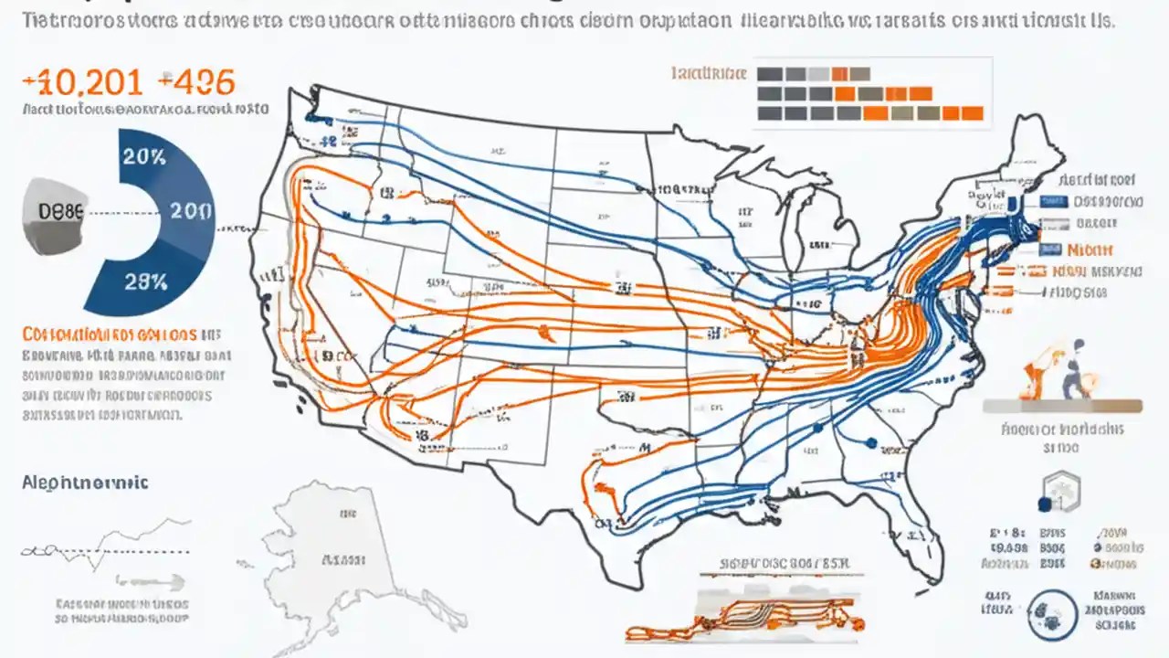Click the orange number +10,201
(82, 82)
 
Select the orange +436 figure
(196, 82)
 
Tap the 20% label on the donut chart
(144, 156)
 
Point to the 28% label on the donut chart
(145, 282)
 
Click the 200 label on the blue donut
(192, 211)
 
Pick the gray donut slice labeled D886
(57, 212)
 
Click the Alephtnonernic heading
(85, 483)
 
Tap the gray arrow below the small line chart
(151, 580)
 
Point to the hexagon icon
(1061, 490)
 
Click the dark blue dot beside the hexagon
(1044, 504)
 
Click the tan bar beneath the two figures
(1062, 406)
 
